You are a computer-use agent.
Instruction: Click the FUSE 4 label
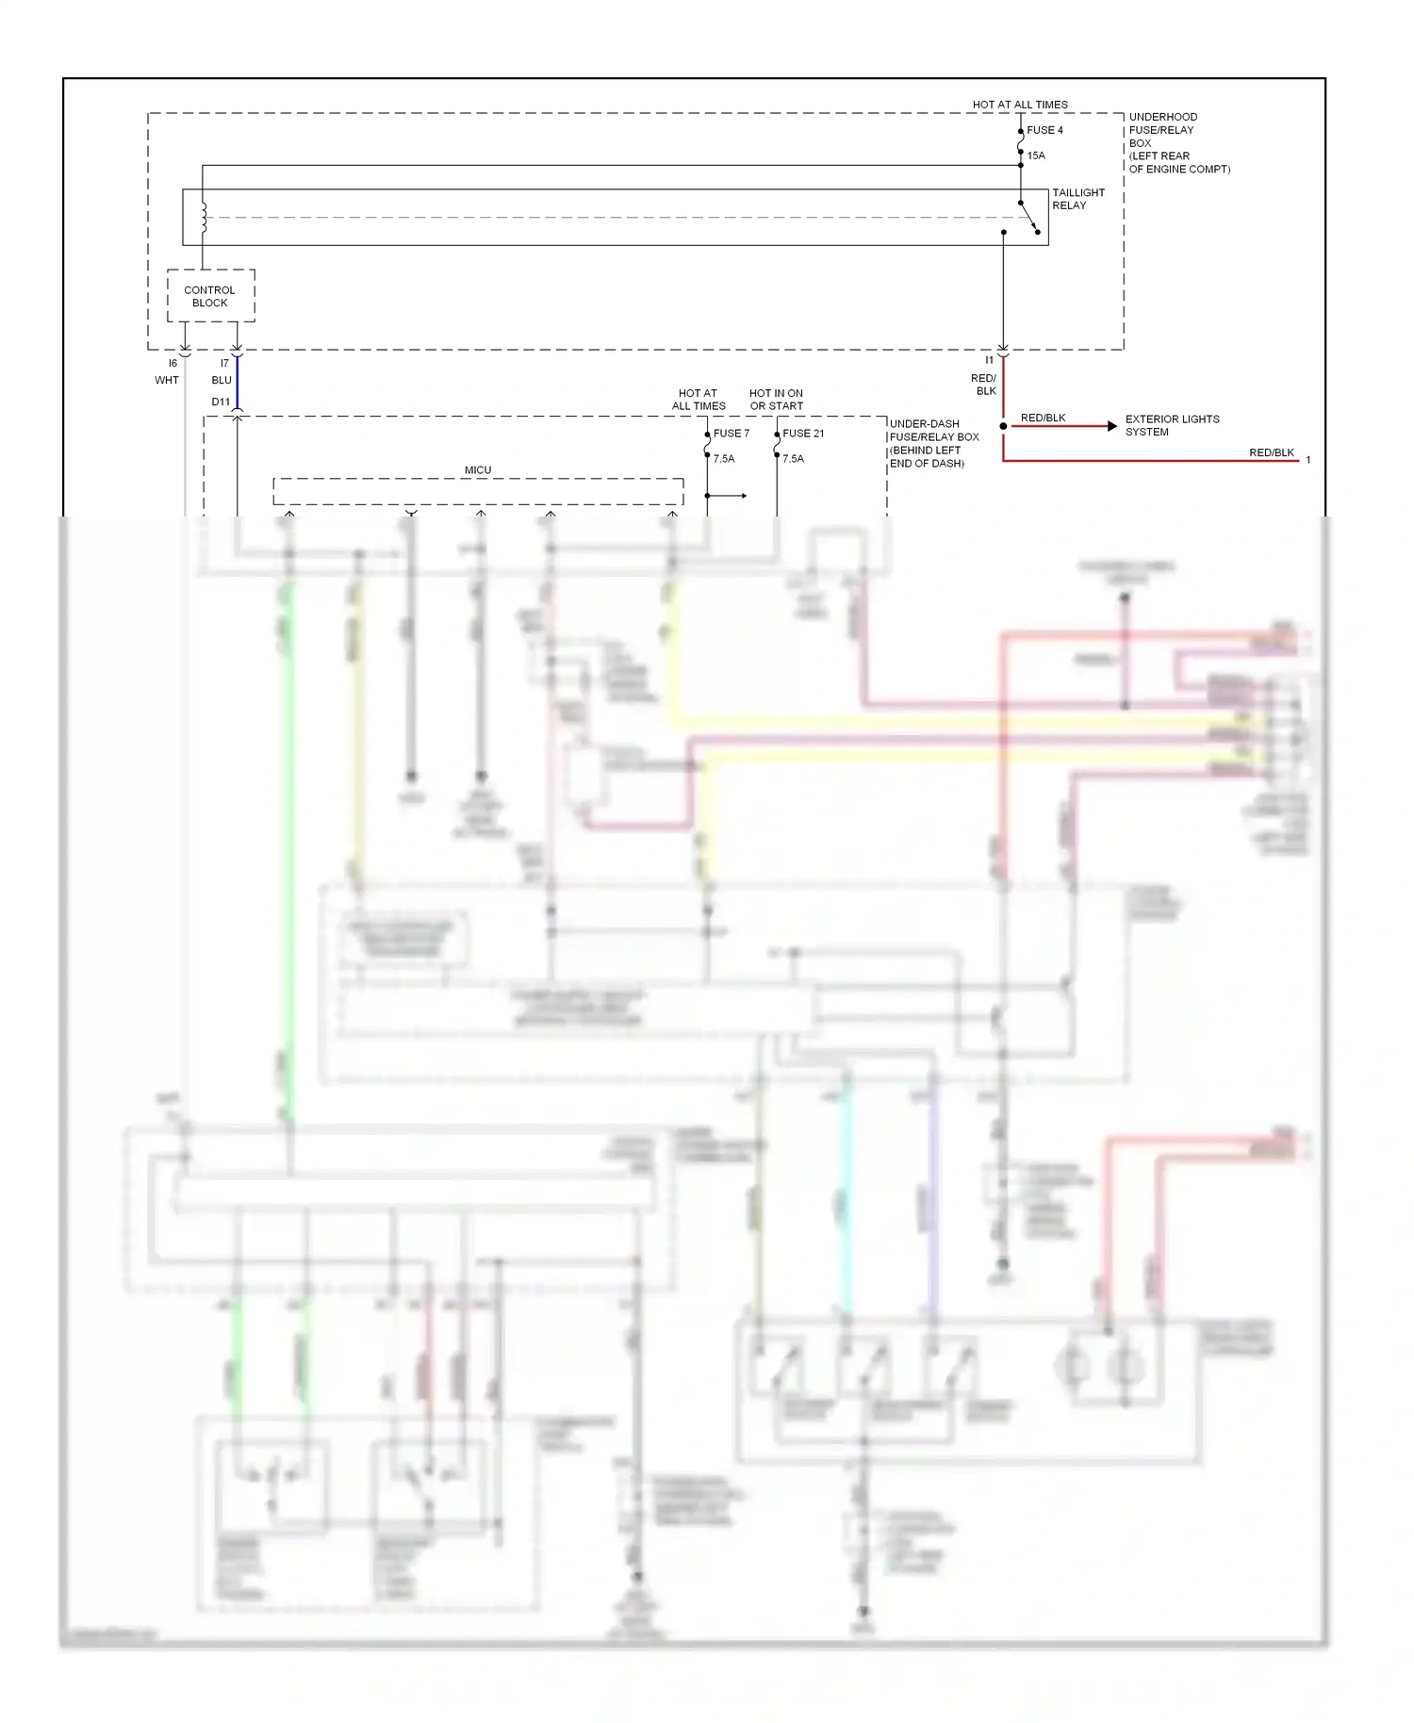coord(1044,130)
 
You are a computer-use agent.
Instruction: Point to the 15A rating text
coord(1036,156)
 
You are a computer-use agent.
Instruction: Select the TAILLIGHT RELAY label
coord(1077,199)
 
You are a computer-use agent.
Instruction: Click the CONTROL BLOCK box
coord(210,296)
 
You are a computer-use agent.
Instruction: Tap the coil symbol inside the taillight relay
coord(203,218)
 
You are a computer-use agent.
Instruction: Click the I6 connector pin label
coord(173,363)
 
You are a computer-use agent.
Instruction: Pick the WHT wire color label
coord(167,380)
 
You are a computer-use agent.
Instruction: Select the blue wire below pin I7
coord(237,382)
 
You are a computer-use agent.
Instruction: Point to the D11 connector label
coord(221,402)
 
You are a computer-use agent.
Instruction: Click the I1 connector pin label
coord(989,360)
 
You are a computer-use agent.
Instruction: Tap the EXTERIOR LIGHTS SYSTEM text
coord(1172,425)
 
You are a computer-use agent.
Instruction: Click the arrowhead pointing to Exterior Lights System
coord(1112,426)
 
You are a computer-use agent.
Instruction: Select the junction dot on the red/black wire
coord(1003,426)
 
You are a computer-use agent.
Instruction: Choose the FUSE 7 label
coord(732,434)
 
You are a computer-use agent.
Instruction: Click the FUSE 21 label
coord(803,434)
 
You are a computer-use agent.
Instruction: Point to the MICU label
coord(478,470)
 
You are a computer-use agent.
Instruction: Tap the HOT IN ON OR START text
coord(776,400)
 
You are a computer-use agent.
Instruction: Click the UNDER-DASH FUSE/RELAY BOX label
coord(933,443)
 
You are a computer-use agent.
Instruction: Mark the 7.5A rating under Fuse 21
coord(793,459)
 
